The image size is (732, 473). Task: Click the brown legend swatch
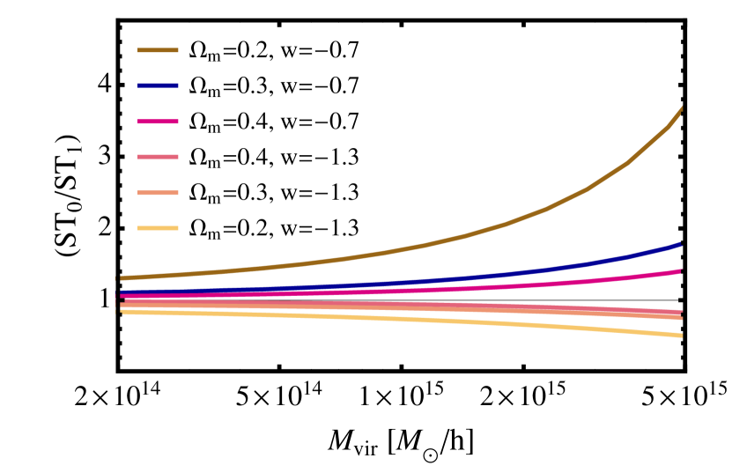pos(158,50)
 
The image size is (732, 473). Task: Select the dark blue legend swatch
pos(158,85)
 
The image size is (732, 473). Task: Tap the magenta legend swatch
pos(158,122)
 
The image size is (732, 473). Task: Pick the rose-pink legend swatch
pos(158,157)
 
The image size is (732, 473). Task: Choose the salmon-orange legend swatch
pos(158,193)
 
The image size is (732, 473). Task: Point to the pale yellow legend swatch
pos(158,228)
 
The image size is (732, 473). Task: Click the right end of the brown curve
pos(682,108)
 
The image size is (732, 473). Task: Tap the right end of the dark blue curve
pos(681,244)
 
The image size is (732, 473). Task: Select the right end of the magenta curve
pos(681,271)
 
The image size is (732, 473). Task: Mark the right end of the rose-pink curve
pos(681,312)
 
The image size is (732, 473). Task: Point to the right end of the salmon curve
pos(681,317)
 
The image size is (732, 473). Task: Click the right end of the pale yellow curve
pos(681,336)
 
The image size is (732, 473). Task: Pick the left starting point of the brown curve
pos(122,278)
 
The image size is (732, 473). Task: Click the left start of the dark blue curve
pos(122,293)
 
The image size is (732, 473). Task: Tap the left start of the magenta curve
pos(122,297)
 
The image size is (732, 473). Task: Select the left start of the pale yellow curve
pos(122,311)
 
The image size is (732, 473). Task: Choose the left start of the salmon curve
pos(122,305)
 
